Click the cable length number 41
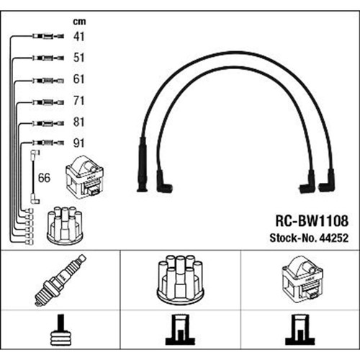78,37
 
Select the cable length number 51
78,58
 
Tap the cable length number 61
78,79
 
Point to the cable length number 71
78,101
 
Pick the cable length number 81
78,122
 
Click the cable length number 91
78,143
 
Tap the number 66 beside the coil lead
44,178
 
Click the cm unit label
79,22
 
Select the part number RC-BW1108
312,220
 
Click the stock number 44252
333,238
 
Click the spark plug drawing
60,280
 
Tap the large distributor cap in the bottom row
180,279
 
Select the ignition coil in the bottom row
302,279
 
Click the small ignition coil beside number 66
85,177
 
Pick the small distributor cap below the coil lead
65,225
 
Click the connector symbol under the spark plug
61,330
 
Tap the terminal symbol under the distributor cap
180,330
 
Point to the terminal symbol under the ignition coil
300,330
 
